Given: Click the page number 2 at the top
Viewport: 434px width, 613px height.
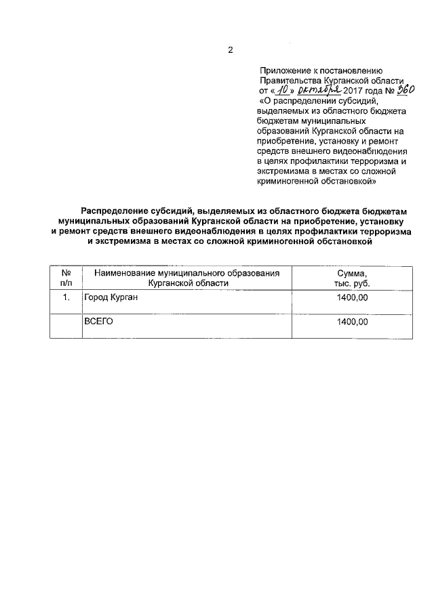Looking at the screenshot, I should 230,50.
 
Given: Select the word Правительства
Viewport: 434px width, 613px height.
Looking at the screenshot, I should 290,81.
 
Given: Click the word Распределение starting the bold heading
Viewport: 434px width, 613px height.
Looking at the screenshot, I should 117,212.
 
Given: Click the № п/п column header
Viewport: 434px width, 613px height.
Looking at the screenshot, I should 66,278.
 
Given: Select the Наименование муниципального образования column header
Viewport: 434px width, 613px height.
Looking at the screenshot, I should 187,278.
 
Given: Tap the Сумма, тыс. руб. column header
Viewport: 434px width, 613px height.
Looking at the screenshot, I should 352,278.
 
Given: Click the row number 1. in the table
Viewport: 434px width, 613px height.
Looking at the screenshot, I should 66,297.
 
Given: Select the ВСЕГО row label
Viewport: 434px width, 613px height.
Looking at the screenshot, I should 98,322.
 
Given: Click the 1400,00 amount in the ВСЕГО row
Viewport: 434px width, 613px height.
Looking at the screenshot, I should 352,322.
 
